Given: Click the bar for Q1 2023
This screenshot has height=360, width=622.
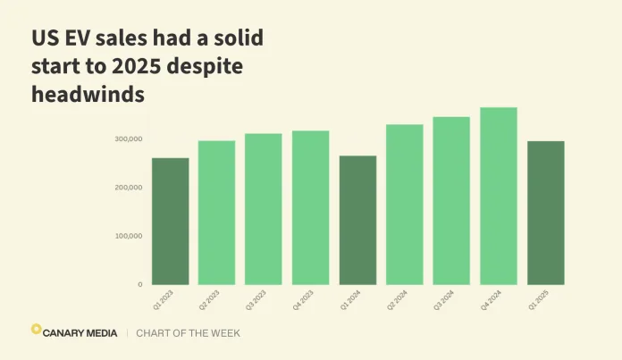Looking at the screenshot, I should (x=170, y=222).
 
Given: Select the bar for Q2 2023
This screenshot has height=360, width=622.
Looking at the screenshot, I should (x=216, y=213).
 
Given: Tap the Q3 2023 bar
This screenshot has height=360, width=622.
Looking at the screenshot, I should (x=264, y=209).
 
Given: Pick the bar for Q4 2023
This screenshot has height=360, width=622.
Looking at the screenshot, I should (x=310, y=208).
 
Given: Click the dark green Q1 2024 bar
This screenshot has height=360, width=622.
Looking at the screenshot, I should (x=357, y=221).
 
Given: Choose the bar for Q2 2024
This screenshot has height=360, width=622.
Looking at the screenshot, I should (x=404, y=205).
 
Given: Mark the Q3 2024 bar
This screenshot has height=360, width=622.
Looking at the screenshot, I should (x=451, y=201).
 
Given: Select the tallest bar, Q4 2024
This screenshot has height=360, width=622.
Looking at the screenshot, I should (x=498, y=196).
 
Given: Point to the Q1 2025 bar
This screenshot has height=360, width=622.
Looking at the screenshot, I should (x=545, y=213).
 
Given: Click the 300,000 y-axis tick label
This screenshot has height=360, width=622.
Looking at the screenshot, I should (x=128, y=139).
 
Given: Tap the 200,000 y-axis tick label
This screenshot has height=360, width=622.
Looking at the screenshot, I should (x=128, y=188).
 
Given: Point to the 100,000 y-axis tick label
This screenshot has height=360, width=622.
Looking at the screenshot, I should (x=128, y=236).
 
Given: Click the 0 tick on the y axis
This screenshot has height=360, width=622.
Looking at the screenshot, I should (x=139, y=284).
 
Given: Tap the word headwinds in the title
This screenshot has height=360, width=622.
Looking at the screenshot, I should (x=88, y=95).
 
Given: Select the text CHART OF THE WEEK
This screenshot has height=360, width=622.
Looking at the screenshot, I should (x=188, y=333).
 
